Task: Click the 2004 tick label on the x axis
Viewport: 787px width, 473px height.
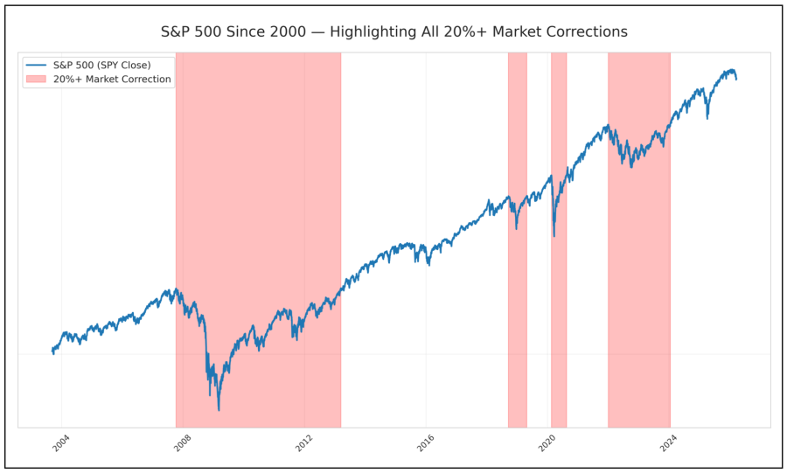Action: [x=59, y=444]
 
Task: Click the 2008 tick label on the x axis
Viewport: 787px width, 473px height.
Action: [x=180, y=444]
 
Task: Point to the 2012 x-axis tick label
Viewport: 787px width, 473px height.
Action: [x=302, y=444]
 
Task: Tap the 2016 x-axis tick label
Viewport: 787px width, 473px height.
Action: [x=424, y=444]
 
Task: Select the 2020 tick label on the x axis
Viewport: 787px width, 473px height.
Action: [x=546, y=444]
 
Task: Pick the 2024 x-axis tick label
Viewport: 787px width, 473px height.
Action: [x=667, y=444]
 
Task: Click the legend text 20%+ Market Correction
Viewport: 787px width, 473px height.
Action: [x=112, y=80]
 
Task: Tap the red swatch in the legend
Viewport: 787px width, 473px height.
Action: [x=36, y=80]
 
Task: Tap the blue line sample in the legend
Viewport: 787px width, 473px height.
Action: [x=36, y=65]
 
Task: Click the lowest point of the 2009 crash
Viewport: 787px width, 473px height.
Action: [x=219, y=410]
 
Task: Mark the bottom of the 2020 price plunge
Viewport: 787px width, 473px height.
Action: [x=554, y=235]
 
